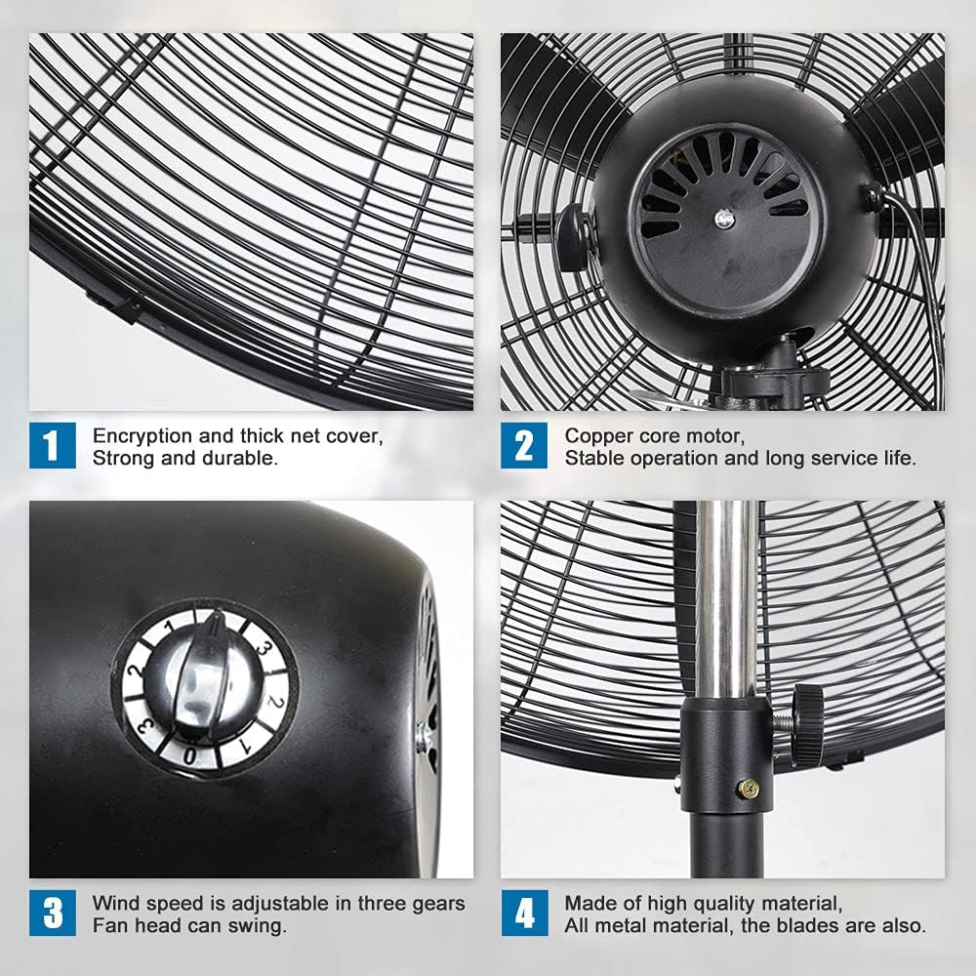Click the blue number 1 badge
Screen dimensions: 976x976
click(52, 445)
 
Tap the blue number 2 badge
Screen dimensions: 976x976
click(524, 445)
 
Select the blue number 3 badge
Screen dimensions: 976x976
click(52, 914)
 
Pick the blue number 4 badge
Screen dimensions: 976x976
click(524, 914)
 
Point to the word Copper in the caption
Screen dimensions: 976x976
click(594, 435)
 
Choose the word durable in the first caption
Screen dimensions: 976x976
click(245, 457)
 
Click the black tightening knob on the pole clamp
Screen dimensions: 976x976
click(808, 724)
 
